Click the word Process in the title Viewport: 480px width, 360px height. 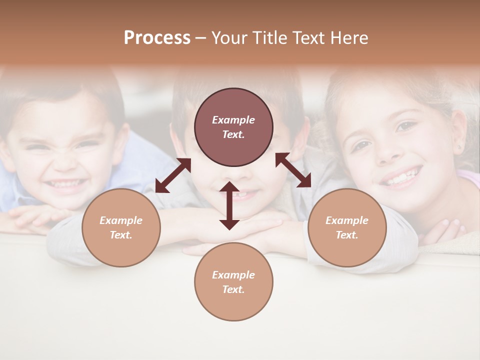pyautogui.click(x=157, y=38)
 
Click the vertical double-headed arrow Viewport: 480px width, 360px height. pyautogui.click(x=229, y=205)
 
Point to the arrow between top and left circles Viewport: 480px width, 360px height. pyautogui.click(x=173, y=175)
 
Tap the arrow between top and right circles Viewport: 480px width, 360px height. pyautogui.click(x=293, y=170)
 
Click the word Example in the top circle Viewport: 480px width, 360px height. pyautogui.click(x=233, y=120)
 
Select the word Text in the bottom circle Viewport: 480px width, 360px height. pyautogui.click(x=233, y=289)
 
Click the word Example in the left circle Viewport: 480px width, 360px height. pyautogui.click(x=121, y=220)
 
